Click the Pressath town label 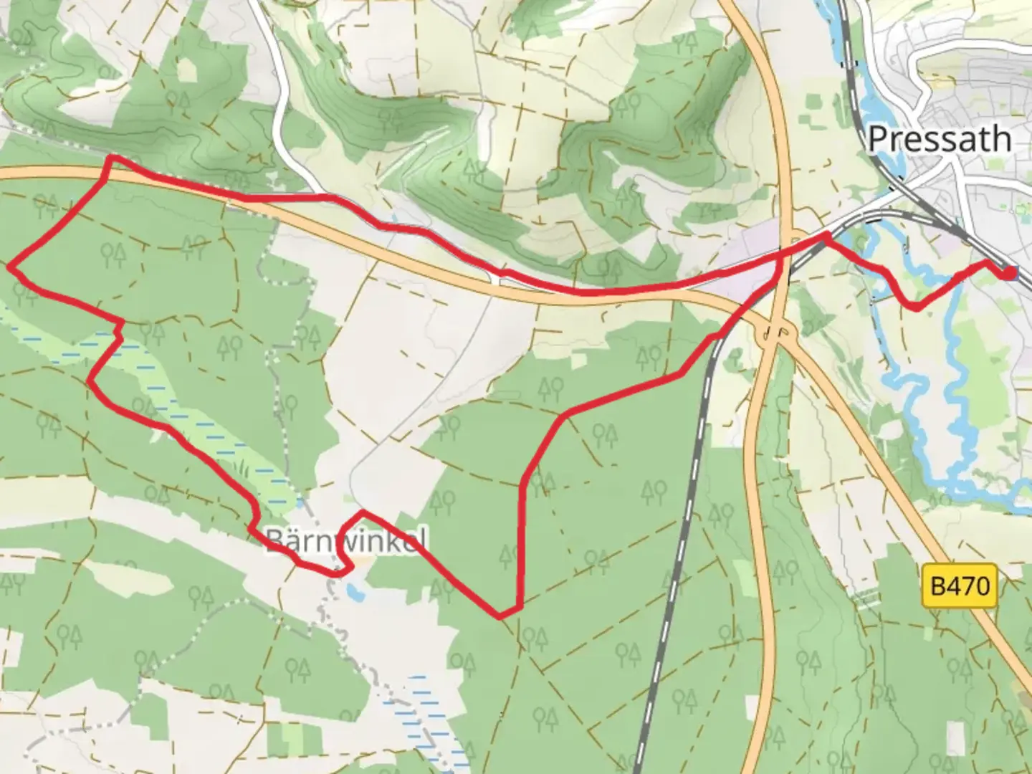coord(939,139)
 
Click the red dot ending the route coord(1010,273)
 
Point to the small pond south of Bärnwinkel coord(353,592)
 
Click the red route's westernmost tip coord(10,267)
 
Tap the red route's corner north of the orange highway coord(110,158)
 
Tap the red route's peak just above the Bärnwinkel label coord(363,512)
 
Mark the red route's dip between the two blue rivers coord(915,308)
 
